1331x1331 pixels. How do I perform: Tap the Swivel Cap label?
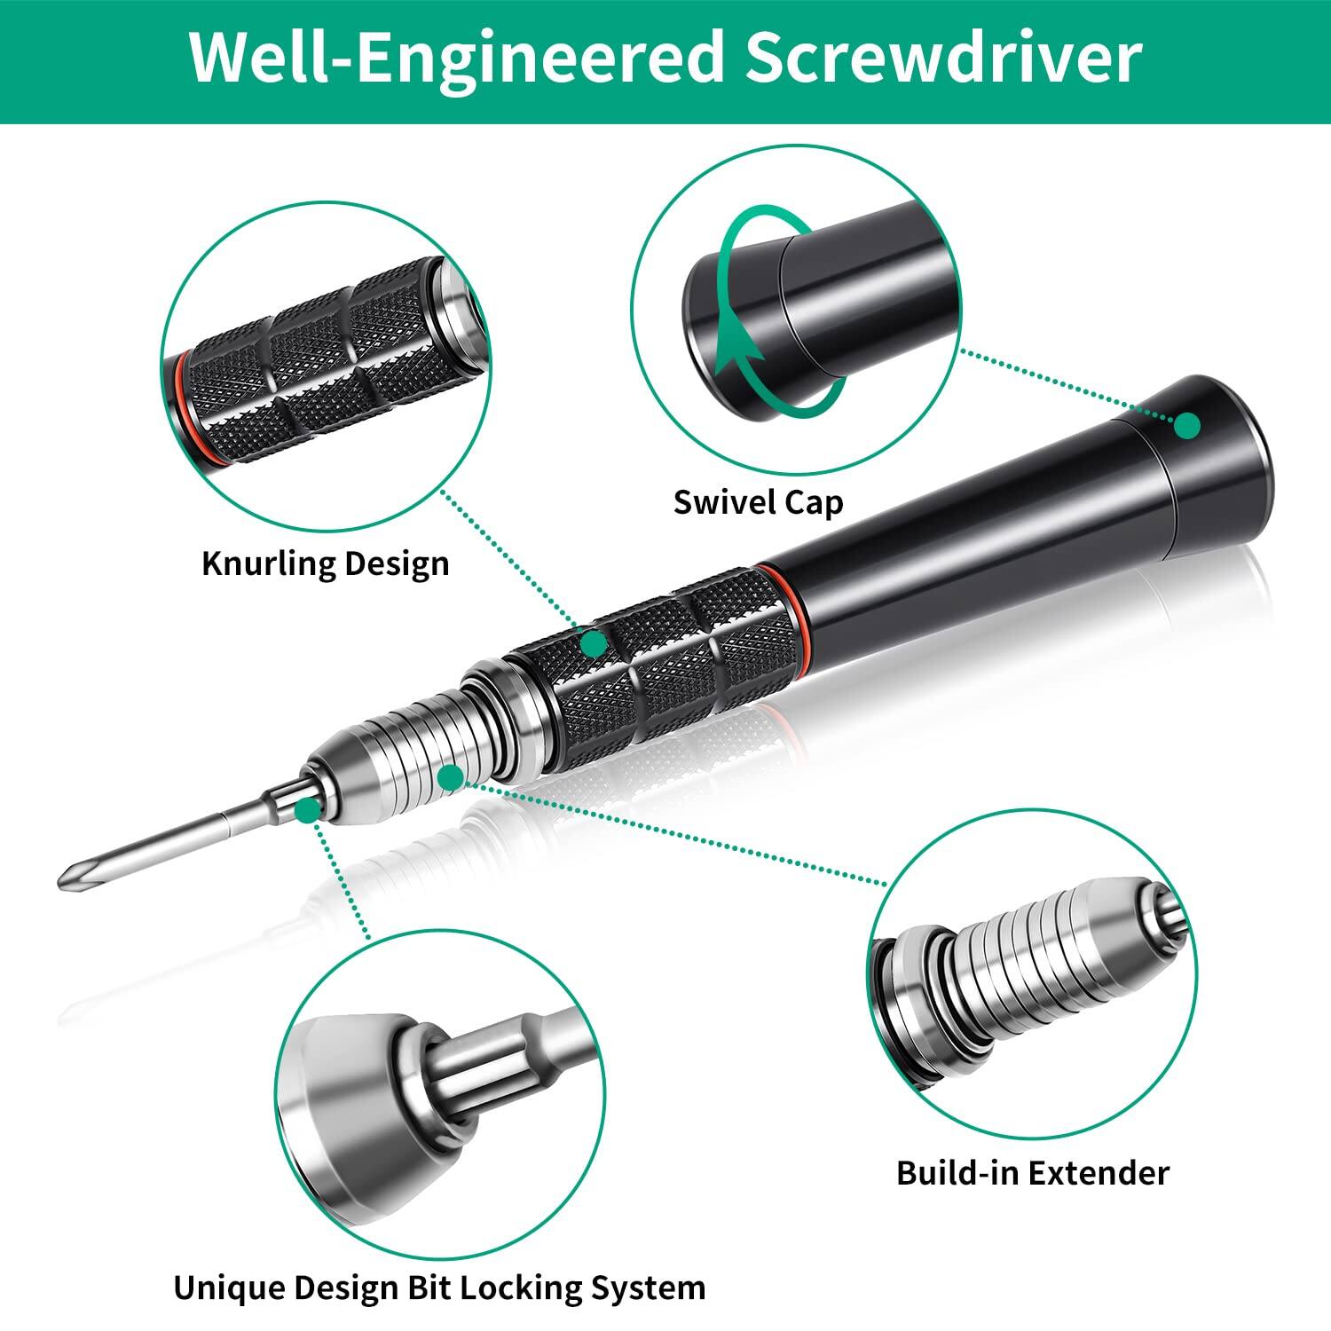tap(758, 502)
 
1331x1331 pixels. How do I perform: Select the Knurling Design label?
tap(326, 563)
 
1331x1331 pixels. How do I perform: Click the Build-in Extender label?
tap(1033, 1172)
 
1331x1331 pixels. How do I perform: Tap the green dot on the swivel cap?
tap(1187, 426)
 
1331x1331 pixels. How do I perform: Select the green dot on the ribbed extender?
tap(451, 778)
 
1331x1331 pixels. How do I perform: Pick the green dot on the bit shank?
tap(308, 808)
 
